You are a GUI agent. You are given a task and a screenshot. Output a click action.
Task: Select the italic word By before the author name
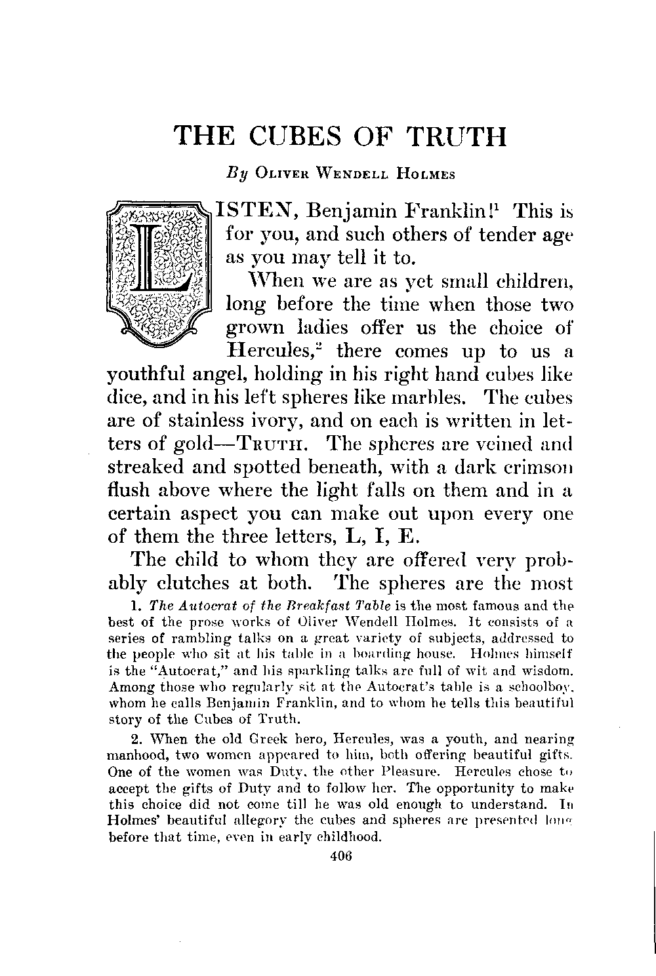point(235,175)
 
